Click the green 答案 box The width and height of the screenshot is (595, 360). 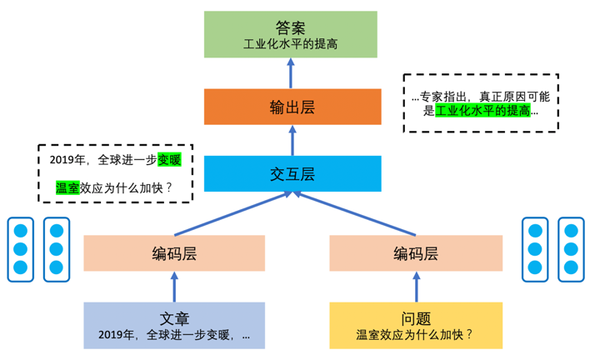point(291,34)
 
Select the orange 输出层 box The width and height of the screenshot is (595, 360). point(292,107)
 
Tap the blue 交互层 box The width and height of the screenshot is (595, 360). point(292,173)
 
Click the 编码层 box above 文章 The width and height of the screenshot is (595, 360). point(174,253)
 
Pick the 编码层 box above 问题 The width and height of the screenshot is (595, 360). point(416,253)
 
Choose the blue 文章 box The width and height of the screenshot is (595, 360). point(174,326)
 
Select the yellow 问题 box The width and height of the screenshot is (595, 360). point(416,326)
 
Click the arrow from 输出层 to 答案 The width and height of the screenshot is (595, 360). point(291,73)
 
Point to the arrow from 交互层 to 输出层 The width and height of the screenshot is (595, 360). point(292,140)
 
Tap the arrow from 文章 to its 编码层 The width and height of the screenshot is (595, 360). point(174,287)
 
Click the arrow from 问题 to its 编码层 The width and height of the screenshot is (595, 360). point(417,287)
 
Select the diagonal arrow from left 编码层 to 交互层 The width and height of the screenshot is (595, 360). point(232,213)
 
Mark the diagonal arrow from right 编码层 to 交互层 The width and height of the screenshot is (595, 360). point(355,213)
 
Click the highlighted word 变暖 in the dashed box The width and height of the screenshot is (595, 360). point(169,160)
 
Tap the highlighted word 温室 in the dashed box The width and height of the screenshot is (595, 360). point(67,187)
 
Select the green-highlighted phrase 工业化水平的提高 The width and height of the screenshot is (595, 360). point(482,111)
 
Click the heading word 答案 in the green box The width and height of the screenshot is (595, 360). point(291,27)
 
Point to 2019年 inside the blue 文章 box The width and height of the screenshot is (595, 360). point(116,335)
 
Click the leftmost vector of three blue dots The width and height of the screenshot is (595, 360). point(21,249)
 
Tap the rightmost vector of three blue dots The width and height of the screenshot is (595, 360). point(571,249)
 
